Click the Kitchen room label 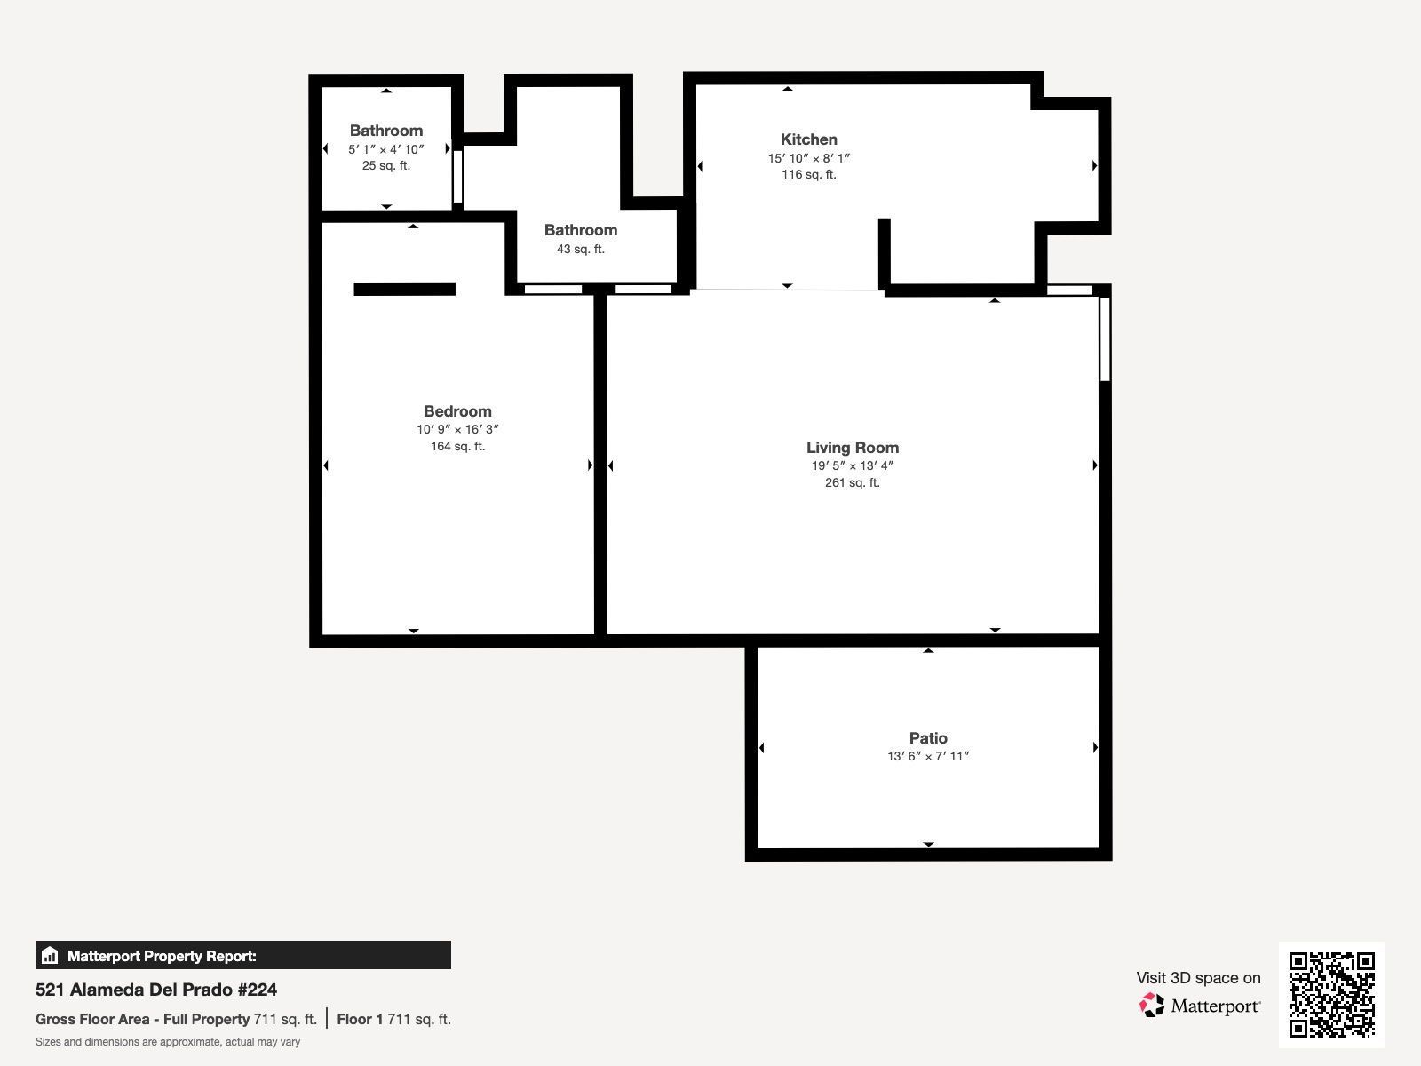pos(808,139)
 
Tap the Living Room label pos(852,447)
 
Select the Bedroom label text pos(457,411)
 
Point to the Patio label pos(928,738)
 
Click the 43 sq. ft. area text pos(581,249)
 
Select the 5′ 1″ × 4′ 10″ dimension pos(385,149)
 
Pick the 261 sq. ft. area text pos(852,482)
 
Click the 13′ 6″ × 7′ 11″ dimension pos(928,756)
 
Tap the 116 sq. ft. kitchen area pos(808,174)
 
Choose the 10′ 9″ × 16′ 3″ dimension pos(457,429)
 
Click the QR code pos(1331,995)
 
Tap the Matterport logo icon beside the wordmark pos(1152,1006)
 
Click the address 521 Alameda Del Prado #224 pos(156,990)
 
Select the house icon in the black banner pos(50,955)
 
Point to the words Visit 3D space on pos(1198,978)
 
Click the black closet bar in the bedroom pos(405,290)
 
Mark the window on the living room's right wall pos(1105,339)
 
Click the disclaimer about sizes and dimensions pos(168,1042)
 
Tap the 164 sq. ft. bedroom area pos(457,446)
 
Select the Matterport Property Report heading pos(162,956)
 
